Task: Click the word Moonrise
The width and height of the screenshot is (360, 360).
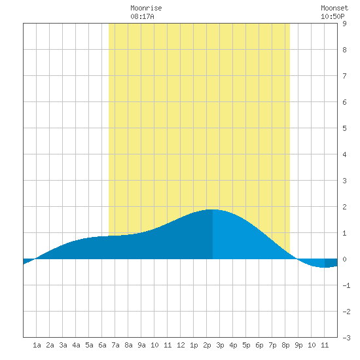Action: point(146,8)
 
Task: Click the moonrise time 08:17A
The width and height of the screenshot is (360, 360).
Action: point(142,16)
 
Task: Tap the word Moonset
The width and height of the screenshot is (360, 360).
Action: point(334,8)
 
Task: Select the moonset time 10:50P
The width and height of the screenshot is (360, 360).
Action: point(333,16)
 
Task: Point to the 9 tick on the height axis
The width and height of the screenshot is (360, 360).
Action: point(344,24)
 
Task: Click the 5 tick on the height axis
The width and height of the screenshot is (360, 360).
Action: point(344,128)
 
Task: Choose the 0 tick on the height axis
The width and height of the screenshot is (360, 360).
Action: point(344,259)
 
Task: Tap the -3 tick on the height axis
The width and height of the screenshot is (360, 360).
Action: point(346,338)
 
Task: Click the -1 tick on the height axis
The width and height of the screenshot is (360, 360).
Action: point(346,285)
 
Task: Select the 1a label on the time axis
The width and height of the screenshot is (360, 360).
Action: point(37,345)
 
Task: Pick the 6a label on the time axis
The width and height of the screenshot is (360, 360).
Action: point(102,345)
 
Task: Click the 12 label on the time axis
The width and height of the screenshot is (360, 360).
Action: point(181,345)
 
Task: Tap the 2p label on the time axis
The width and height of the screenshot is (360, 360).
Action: point(207,345)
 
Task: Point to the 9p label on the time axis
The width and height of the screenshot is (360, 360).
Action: point(298,345)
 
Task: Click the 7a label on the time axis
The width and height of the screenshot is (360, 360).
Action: point(115,345)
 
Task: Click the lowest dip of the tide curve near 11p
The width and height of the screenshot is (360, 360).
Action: point(324,268)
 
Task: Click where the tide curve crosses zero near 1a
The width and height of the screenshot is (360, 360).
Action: point(35,259)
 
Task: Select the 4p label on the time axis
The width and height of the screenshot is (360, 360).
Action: point(233,345)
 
